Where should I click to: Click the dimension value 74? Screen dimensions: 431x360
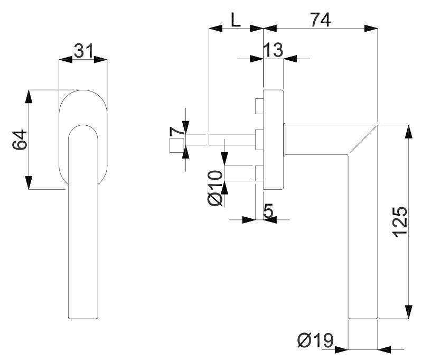[x=321, y=20]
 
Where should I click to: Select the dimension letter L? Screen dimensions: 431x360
[x=236, y=20]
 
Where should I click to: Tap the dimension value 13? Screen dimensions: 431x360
[x=273, y=50]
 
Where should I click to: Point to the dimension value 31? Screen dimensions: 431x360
[x=83, y=51]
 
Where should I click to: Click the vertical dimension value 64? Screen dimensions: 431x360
[x=20, y=140]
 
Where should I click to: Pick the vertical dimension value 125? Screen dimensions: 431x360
[x=399, y=221]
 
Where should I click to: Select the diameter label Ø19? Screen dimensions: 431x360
[x=315, y=340]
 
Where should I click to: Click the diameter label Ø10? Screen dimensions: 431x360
[x=215, y=188]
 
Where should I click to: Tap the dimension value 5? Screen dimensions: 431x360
[x=268, y=211]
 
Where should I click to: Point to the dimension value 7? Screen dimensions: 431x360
[x=177, y=131]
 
